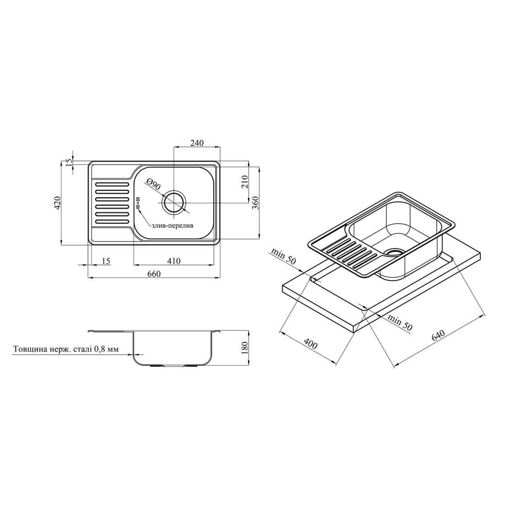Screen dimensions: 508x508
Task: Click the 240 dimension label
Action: coord(197,143)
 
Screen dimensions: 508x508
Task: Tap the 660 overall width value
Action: coord(154,274)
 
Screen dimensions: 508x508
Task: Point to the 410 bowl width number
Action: coord(173,261)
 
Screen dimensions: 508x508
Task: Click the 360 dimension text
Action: coord(256,203)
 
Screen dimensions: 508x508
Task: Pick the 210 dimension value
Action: coord(244,182)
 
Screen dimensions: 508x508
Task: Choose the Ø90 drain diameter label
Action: coord(153,184)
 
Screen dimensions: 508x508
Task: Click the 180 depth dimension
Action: coord(244,348)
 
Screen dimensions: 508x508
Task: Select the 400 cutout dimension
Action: coord(311,343)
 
